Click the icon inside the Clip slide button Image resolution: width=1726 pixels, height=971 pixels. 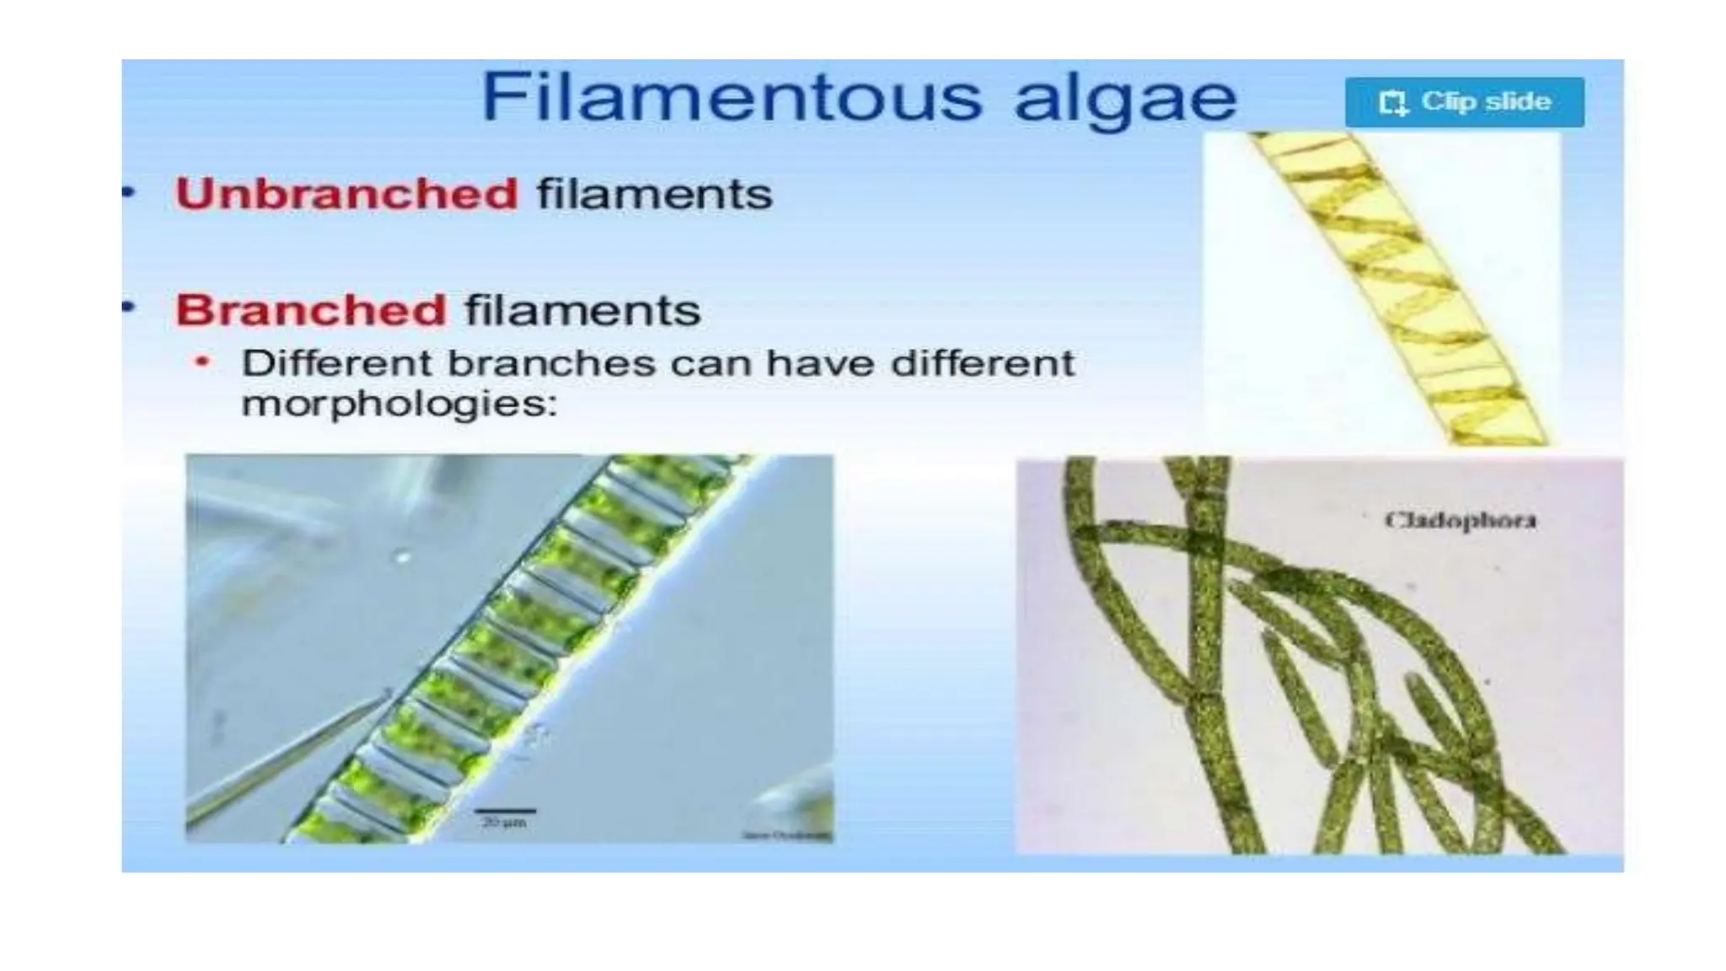tap(1393, 103)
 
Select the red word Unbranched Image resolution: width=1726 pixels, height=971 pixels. tap(346, 194)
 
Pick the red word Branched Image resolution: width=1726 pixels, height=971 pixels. tap(310, 310)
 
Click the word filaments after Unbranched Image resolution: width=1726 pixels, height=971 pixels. tap(654, 194)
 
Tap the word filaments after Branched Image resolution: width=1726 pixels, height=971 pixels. tap(582, 310)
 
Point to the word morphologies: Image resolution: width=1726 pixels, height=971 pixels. tap(399, 405)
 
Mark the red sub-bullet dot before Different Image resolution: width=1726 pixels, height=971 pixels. tap(201, 362)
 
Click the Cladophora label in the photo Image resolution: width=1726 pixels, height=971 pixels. tap(1461, 520)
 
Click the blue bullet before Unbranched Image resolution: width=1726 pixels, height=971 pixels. tap(129, 192)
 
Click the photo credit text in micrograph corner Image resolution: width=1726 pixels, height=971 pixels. tap(785, 834)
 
